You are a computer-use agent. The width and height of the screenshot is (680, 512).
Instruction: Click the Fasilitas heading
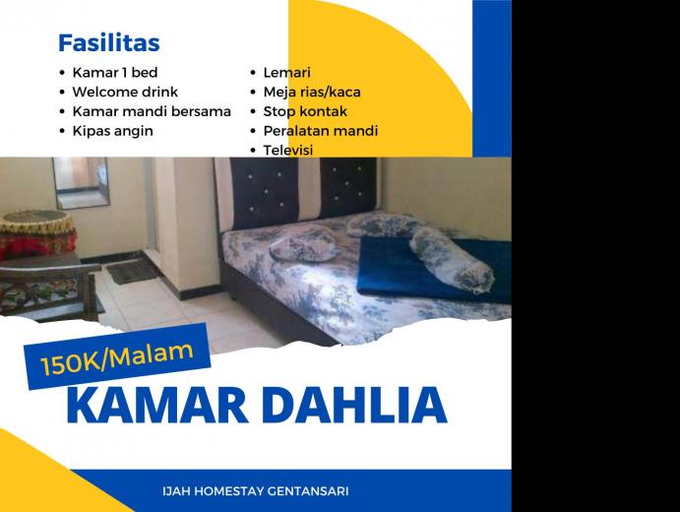109,42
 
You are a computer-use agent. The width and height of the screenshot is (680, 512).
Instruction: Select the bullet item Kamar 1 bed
115,72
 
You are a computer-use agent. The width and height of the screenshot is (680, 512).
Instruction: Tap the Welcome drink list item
125,92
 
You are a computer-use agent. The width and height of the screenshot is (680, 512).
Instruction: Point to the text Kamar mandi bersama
152,111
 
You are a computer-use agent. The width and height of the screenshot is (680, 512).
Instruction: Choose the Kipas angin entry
113,131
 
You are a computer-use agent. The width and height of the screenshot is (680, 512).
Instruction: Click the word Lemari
286,72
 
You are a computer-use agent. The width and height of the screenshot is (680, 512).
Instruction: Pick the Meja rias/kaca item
312,92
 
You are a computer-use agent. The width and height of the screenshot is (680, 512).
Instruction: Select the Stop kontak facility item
305,111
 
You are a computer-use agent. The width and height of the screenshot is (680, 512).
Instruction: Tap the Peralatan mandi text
321,131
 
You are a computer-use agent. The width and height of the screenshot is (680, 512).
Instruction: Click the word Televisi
288,150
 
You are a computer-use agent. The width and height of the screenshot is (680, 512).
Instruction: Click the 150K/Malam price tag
117,356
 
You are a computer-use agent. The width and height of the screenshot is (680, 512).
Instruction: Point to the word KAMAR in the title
157,406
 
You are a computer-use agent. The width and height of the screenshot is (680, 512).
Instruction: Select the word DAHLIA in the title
354,406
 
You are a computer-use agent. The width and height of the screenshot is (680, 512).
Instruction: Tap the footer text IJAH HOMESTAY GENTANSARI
256,491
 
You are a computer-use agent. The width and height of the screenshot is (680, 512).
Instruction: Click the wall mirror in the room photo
81,182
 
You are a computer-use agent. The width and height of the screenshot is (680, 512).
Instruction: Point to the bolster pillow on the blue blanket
451,260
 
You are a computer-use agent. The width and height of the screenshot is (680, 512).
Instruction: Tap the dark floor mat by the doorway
132,272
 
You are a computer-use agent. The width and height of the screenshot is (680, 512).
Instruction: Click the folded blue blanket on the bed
434,269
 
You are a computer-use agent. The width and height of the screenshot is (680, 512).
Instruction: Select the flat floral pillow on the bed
303,245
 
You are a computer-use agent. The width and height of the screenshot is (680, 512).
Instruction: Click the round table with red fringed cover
37,233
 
